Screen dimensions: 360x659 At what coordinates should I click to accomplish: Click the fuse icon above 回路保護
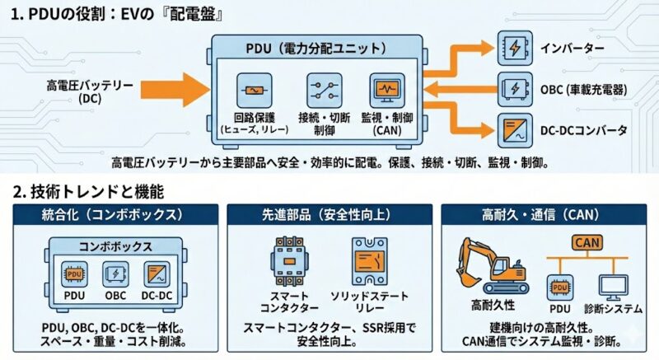pos(254,87)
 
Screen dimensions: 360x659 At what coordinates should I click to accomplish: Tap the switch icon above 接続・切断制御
pos(323,87)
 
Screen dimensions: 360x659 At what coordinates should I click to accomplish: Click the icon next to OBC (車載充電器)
pos(513,88)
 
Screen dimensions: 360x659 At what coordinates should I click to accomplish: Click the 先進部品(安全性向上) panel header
pos(329,215)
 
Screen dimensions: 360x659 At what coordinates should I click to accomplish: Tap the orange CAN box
pos(586,242)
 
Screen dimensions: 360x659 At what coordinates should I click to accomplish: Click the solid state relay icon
pos(368,263)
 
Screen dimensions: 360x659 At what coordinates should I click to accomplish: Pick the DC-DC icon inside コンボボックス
pos(156,274)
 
